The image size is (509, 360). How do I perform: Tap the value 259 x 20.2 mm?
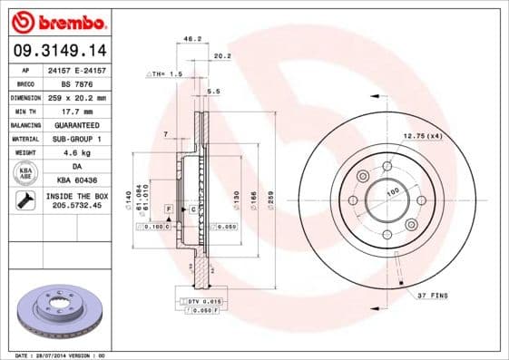(76, 96)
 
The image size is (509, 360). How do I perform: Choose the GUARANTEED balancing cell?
(76, 124)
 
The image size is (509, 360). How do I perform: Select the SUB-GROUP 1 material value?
(76, 139)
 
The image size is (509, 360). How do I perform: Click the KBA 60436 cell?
(76, 180)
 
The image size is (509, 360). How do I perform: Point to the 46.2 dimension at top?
(191, 39)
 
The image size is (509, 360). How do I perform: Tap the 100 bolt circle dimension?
(393, 191)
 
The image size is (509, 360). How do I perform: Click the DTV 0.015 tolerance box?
(204, 300)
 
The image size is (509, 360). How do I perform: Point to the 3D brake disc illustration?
(57, 312)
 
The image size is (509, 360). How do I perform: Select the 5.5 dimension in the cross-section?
(214, 92)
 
